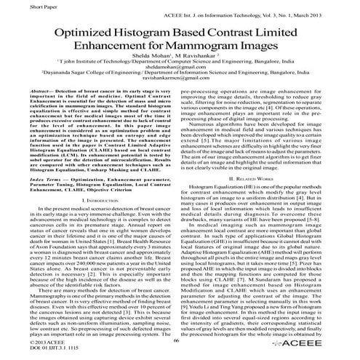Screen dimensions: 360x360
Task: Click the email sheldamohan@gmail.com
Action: [177, 80]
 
